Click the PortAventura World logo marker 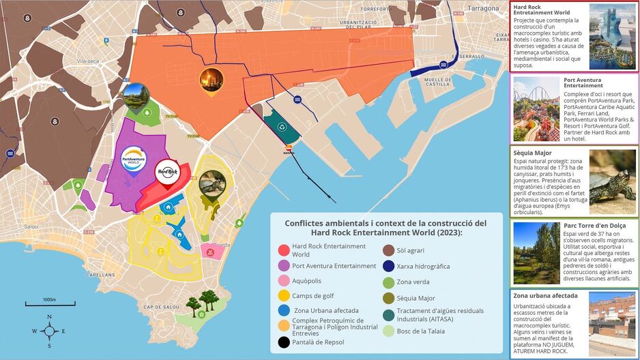coord(133,161)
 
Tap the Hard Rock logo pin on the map coord(167,172)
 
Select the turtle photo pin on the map coord(212,185)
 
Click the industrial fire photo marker coord(211,80)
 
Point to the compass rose coord(49,331)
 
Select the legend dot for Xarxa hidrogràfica coord(388,266)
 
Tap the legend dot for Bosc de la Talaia coord(388,331)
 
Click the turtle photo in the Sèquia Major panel coord(612,181)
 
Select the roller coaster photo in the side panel coord(536,109)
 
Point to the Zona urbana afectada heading coord(545,296)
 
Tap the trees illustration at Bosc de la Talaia coord(203,301)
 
